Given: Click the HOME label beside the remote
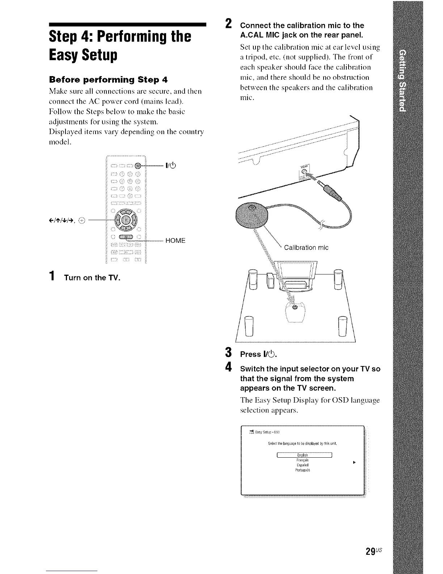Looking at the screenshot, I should point(175,241).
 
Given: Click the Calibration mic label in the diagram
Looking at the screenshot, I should point(306,248).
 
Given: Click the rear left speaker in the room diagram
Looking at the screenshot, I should point(249,325).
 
